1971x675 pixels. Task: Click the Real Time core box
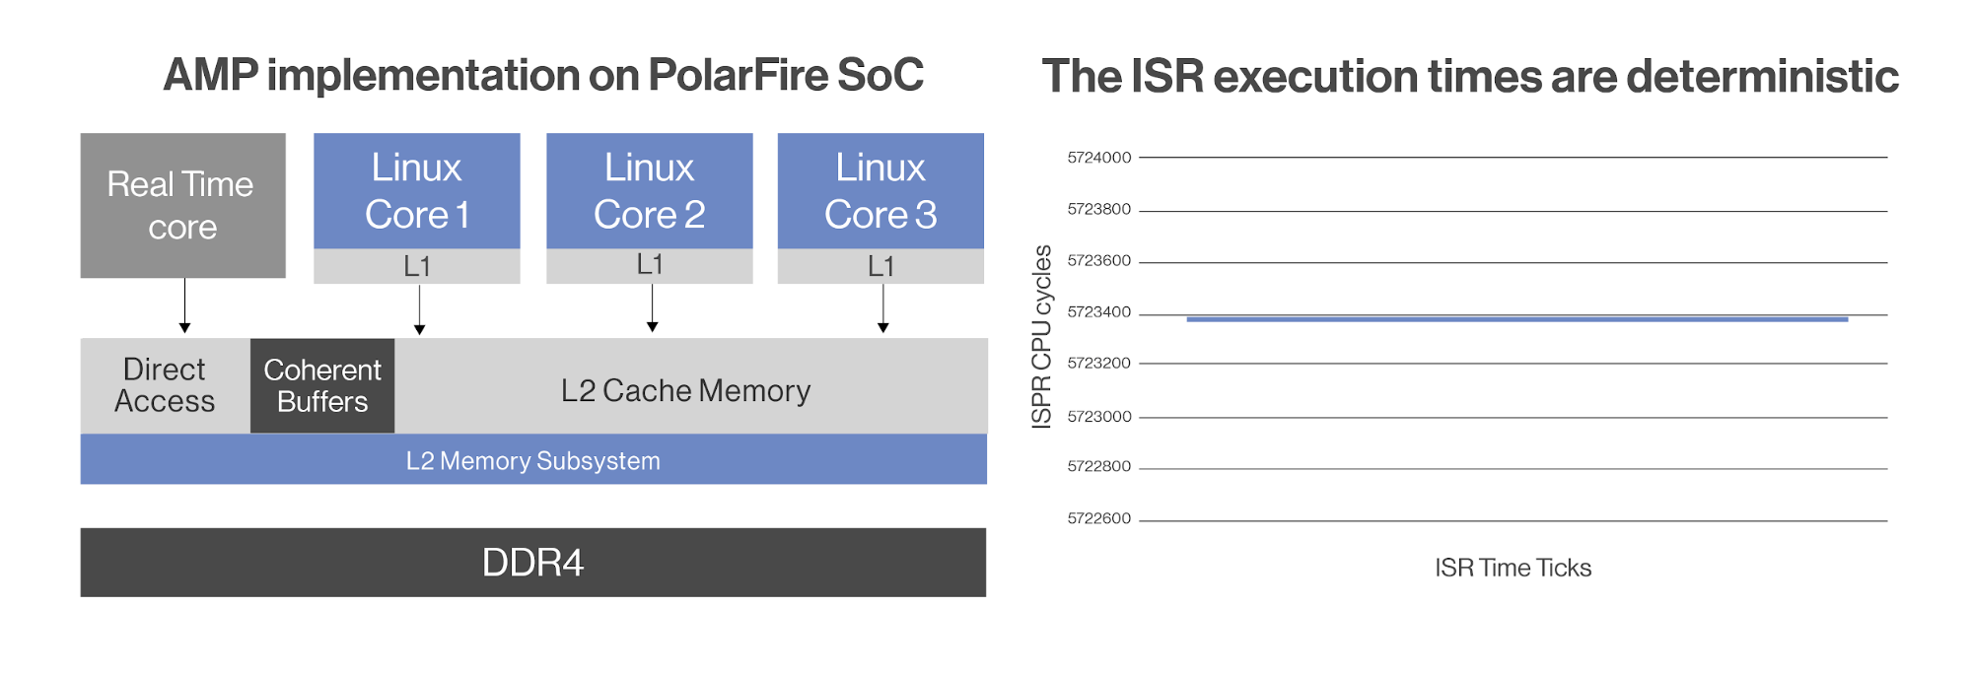[183, 205]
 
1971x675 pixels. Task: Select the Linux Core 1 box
[417, 190]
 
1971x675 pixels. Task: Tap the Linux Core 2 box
[650, 190]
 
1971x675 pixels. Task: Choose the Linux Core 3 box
[880, 190]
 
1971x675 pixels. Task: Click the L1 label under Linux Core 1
[417, 266]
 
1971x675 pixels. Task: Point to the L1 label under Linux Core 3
[880, 266]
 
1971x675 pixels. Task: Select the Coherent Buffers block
[322, 385]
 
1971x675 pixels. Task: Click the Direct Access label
[165, 385]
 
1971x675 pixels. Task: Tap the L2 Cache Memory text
[685, 391]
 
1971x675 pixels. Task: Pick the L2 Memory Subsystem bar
[533, 459]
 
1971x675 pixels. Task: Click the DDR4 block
[533, 562]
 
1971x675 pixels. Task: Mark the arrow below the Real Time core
[184, 305]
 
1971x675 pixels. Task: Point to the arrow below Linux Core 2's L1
[652, 308]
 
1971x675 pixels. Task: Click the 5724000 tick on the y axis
[1099, 158]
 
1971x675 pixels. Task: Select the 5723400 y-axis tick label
[1099, 312]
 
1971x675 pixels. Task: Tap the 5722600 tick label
[1099, 518]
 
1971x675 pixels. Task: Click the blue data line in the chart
[1517, 319]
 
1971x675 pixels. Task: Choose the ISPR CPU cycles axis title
[1041, 336]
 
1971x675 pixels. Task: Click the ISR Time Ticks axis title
[1513, 568]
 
